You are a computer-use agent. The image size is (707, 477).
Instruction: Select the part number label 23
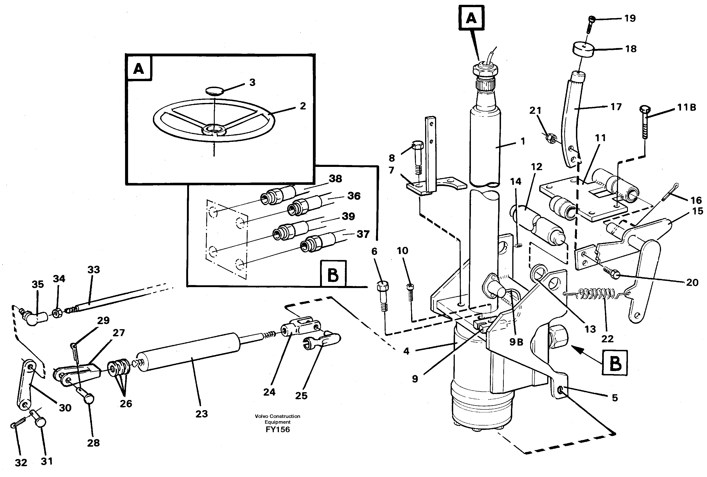coord(201,414)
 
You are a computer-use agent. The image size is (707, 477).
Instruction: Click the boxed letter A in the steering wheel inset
coord(139,69)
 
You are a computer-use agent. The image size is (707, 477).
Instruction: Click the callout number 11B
coord(686,107)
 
